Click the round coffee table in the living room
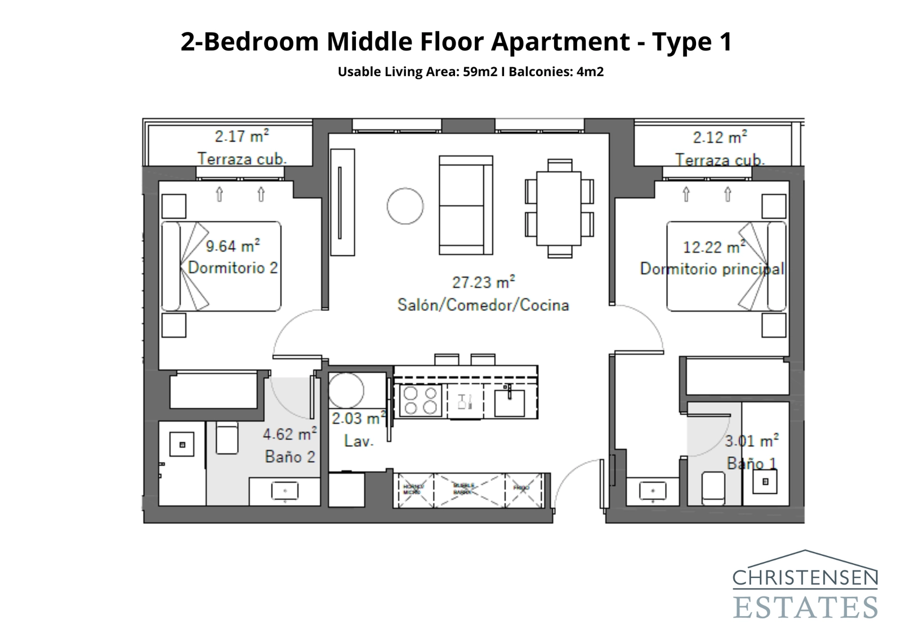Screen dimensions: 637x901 click(x=405, y=206)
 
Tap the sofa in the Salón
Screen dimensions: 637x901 click(x=465, y=206)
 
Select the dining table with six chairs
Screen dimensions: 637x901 click(x=559, y=208)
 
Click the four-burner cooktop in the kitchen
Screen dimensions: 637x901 click(x=420, y=400)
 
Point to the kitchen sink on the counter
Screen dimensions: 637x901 click(x=510, y=402)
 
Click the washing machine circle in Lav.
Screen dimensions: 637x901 click(x=346, y=390)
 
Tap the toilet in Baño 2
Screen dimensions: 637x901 click(x=228, y=439)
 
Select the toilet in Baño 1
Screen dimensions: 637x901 click(x=712, y=485)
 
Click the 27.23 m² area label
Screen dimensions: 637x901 click(x=483, y=282)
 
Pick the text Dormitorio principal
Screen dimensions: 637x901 click(x=712, y=269)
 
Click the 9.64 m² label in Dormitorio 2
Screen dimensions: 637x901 click(x=233, y=246)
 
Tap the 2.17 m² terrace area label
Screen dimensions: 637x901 click(x=242, y=136)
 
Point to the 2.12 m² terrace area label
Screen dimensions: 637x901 click(x=720, y=137)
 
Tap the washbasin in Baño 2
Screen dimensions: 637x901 click(x=285, y=491)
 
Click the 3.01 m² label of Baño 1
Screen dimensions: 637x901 click(x=751, y=440)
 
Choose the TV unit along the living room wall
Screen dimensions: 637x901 click(x=342, y=202)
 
